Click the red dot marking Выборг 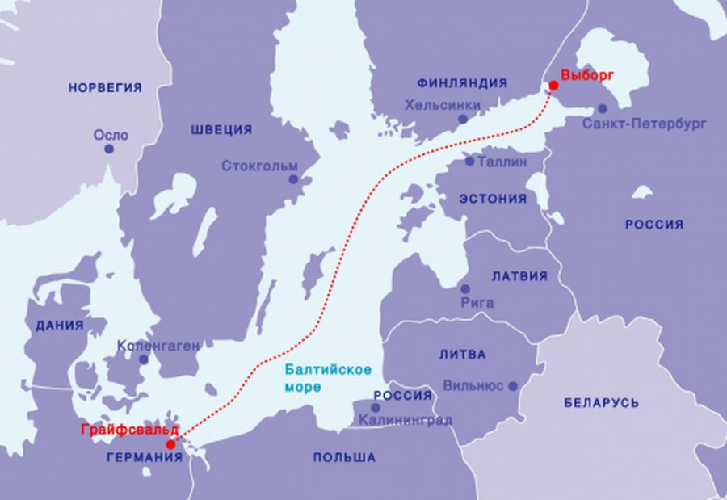click(553, 86)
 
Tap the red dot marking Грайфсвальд click(170, 444)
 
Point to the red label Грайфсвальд click(129, 430)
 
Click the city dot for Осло click(109, 149)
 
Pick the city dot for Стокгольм click(293, 179)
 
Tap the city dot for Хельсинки click(463, 119)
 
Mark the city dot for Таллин click(469, 161)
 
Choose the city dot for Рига click(464, 288)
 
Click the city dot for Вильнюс click(513, 386)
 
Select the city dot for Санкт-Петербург click(602, 109)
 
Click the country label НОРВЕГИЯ click(105, 87)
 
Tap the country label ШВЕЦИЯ click(221, 129)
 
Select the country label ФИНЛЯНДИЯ click(462, 82)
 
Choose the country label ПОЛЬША click(344, 457)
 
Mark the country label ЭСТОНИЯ click(492, 198)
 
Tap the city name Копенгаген click(158, 345)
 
